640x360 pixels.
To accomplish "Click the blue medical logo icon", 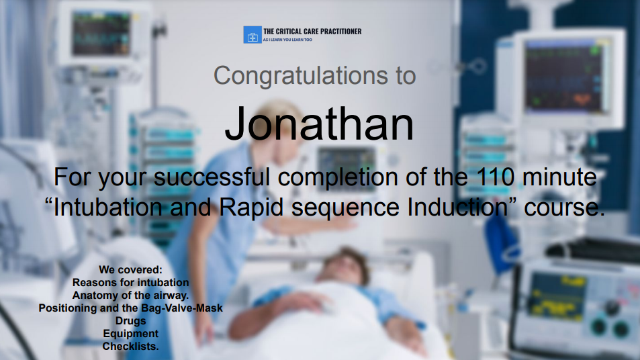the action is coord(253,35).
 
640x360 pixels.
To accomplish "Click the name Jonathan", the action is coord(319,124).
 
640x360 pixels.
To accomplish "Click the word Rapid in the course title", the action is coord(251,208).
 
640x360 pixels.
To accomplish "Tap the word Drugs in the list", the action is coord(130,321).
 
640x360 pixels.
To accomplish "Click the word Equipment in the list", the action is coord(130,333).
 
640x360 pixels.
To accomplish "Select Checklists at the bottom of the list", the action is coord(130,346).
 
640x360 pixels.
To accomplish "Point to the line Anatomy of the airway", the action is coord(130,295).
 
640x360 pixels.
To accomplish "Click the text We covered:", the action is coord(130,270).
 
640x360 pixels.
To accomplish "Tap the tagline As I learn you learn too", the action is coord(287,40).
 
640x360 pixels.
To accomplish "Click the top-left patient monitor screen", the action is coord(101,34).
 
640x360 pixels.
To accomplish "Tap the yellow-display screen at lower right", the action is coord(557,296).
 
